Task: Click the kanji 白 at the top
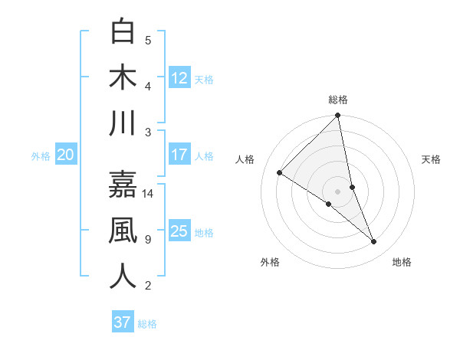click(123, 32)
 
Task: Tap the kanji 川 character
click(123, 123)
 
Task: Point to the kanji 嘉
click(123, 184)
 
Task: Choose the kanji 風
click(123, 231)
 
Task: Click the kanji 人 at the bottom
click(123, 277)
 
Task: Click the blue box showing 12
click(179, 77)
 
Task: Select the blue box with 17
click(179, 155)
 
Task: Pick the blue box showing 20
click(65, 155)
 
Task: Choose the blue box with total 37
click(122, 322)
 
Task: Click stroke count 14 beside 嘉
click(149, 193)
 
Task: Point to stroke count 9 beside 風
click(148, 240)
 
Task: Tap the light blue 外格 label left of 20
click(41, 156)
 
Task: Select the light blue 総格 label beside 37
click(147, 324)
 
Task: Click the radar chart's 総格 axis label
click(337, 100)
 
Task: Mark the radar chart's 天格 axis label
click(432, 159)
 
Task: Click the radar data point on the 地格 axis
click(374, 242)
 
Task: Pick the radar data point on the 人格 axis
click(280, 173)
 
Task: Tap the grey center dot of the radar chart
click(337, 190)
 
